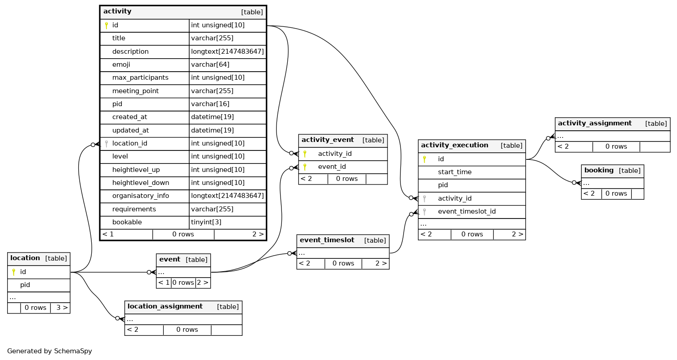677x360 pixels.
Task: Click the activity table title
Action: (x=117, y=12)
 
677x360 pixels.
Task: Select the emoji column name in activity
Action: (x=121, y=64)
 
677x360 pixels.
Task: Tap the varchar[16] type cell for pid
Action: (x=210, y=104)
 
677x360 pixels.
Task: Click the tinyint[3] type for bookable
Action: (x=206, y=222)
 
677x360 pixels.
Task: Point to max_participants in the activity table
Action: (x=140, y=78)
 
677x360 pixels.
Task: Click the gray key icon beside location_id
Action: (x=106, y=143)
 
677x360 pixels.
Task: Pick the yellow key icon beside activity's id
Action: (x=106, y=26)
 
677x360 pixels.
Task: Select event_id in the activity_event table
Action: (x=332, y=167)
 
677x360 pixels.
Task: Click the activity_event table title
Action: (x=328, y=140)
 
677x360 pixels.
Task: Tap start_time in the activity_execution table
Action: (x=455, y=172)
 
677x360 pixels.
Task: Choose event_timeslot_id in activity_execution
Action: (x=467, y=211)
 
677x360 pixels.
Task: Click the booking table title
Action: (x=599, y=170)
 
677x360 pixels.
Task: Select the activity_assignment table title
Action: (x=595, y=124)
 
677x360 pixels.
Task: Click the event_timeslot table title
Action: (x=327, y=240)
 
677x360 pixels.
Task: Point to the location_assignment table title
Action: (x=165, y=306)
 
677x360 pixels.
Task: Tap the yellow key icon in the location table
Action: (x=13, y=272)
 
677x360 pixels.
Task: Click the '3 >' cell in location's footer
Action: (x=62, y=308)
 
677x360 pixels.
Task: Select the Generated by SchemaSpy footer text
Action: (x=50, y=351)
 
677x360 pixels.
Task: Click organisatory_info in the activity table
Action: (x=141, y=196)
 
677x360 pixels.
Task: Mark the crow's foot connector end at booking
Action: (x=579, y=183)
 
